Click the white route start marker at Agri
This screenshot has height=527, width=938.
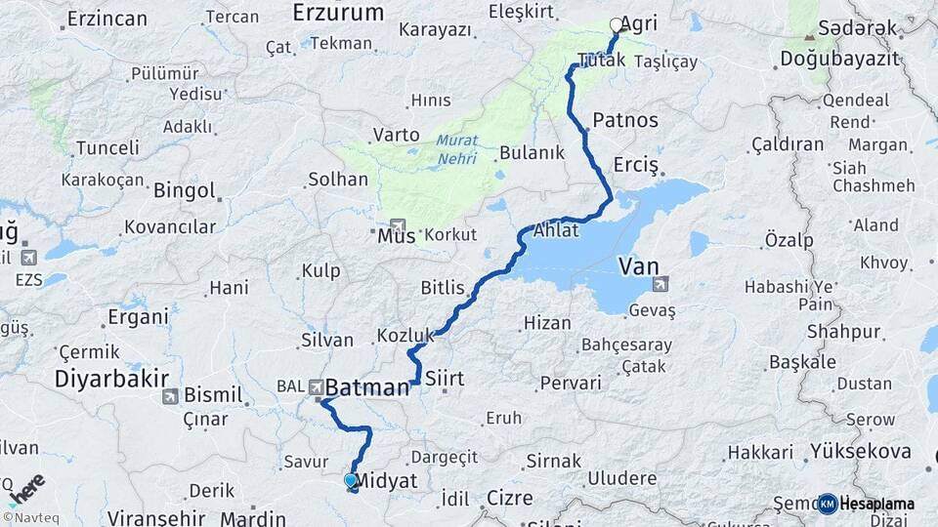pos(616,25)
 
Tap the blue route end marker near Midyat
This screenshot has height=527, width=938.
pos(350,480)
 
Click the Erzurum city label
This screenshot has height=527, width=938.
pos(338,13)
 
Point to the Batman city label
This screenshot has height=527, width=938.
pos(365,388)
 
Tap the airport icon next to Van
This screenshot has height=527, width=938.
pos(661,285)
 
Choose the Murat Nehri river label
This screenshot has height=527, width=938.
pos(457,149)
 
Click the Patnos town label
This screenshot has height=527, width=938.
pos(625,121)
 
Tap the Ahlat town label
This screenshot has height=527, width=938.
pos(557,232)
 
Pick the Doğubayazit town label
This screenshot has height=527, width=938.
pos(839,60)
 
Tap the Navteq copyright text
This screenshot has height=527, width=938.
pos(28,517)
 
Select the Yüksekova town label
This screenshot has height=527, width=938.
pos(860,453)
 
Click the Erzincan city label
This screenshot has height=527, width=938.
pos(107,19)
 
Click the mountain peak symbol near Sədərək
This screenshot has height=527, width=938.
pos(808,37)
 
